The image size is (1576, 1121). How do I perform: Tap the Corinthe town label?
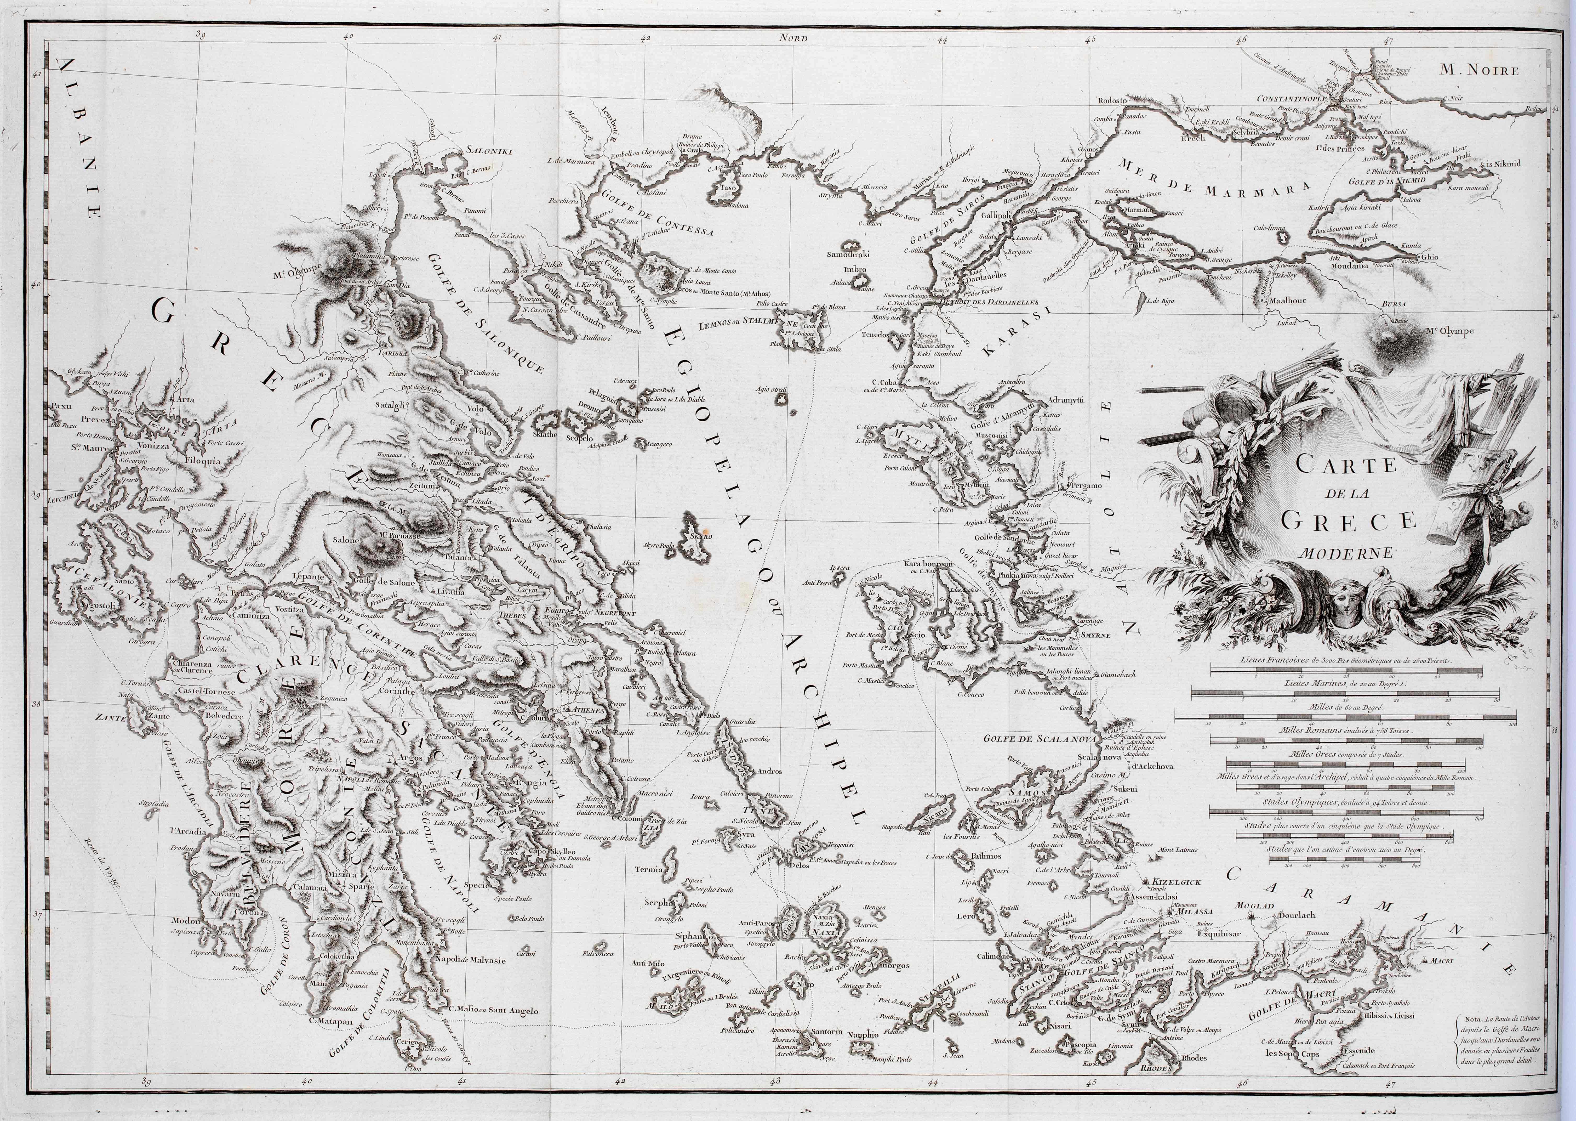coord(397,690)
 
